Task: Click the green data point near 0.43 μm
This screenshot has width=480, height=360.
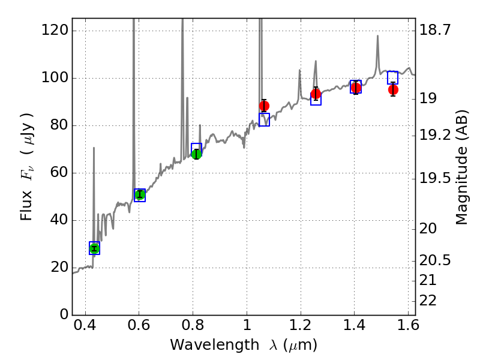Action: pyautogui.click(x=94, y=248)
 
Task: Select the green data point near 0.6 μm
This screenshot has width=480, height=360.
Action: pyautogui.click(x=140, y=194)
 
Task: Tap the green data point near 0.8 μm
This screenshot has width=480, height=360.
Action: pyautogui.click(x=196, y=154)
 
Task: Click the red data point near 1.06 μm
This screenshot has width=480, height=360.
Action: pyautogui.click(x=264, y=106)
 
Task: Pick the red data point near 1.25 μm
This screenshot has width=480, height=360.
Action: pyautogui.click(x=316, y=94)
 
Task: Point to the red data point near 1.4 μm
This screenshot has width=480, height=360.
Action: pyautogui.click(x=356, y=88)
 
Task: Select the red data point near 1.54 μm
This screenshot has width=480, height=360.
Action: pyautogui.click(x=393, y=89)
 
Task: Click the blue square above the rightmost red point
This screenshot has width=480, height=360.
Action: pyautogui.click(x=392, y=77)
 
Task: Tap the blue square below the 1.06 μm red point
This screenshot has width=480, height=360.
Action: pyautogui.click(x=264, y=120)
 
